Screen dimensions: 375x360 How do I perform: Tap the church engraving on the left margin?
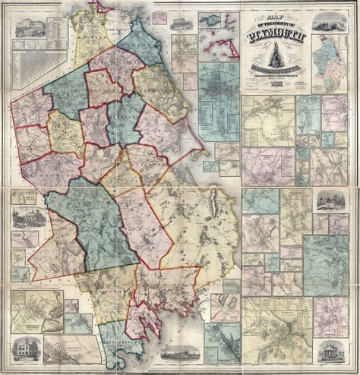[x=25, y=217]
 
